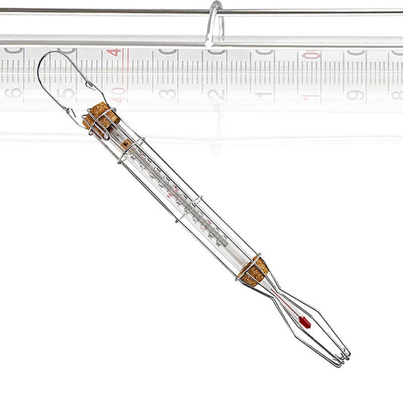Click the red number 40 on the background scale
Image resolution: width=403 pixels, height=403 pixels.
[x=118, y=95]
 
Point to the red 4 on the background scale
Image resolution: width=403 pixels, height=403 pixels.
[x=113, y=53]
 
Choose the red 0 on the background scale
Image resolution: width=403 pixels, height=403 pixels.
[x=311, y=55]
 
